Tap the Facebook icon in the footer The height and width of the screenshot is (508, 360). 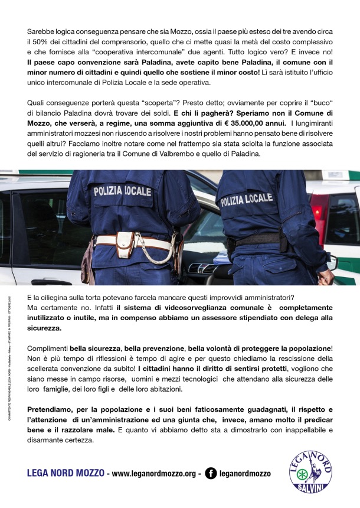(x=210, y=473)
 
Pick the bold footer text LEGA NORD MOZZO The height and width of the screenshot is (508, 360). (x=66, y=473)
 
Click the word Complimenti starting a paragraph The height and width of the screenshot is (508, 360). (x=48, y=349)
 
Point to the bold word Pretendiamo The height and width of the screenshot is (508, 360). (x=53, y=410)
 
